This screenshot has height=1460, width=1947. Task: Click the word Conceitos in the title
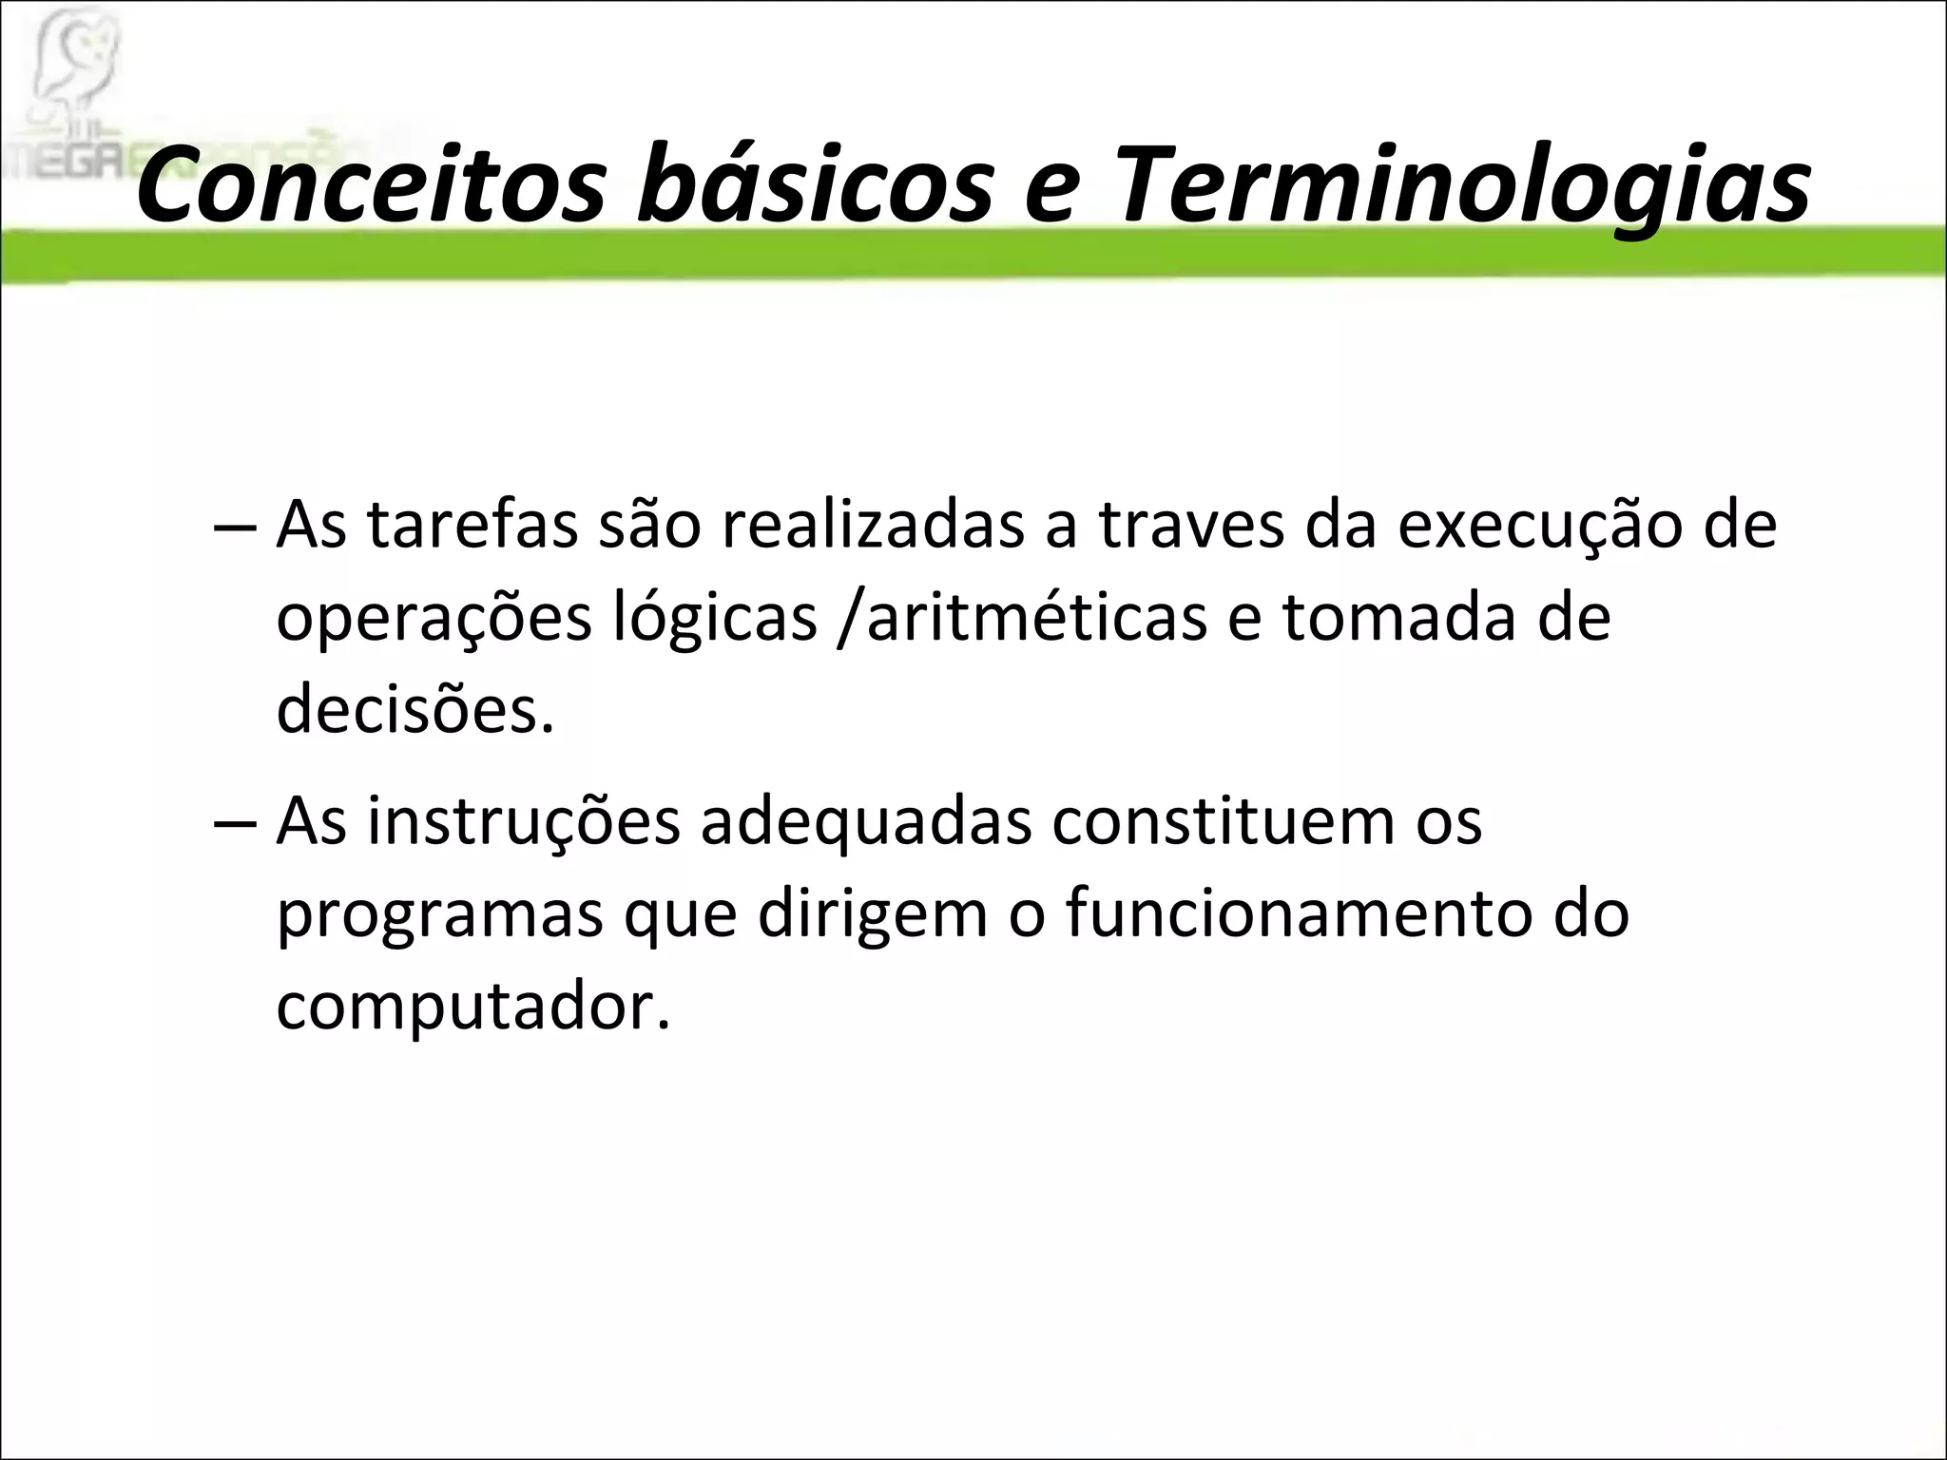coord(371,185)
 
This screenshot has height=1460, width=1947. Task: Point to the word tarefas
coord(472,525)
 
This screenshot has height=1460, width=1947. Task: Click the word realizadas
coord(873,525)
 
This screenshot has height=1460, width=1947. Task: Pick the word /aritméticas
coord(1021,618)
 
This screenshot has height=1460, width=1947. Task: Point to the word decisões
coord(414,709)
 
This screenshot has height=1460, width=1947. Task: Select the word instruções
coord(524,821)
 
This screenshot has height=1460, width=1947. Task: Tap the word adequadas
coord(865,821)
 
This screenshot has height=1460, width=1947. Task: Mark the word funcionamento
coord(1297,912)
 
